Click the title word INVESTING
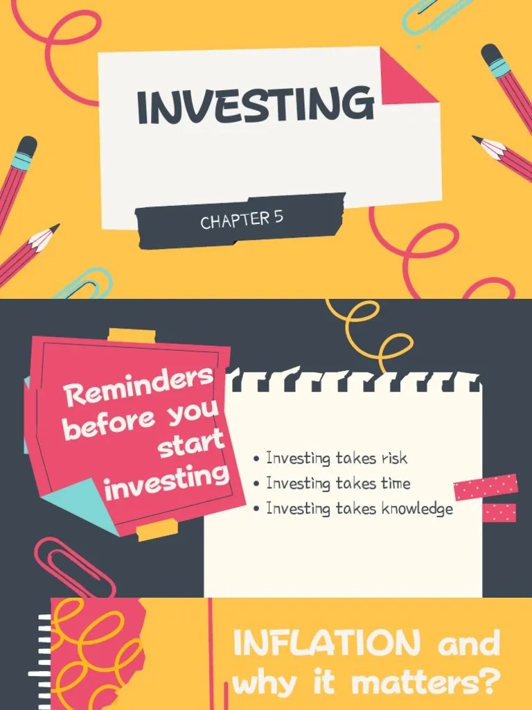(255, 105)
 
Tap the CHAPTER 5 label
(242, 220)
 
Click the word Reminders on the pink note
(139, 388)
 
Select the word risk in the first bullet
(393, 458)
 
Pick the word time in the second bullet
(396, 483)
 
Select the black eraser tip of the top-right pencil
(490, 53)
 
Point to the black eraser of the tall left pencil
(26, 147)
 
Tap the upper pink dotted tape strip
(486, 487)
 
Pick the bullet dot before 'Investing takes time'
(257, 484)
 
